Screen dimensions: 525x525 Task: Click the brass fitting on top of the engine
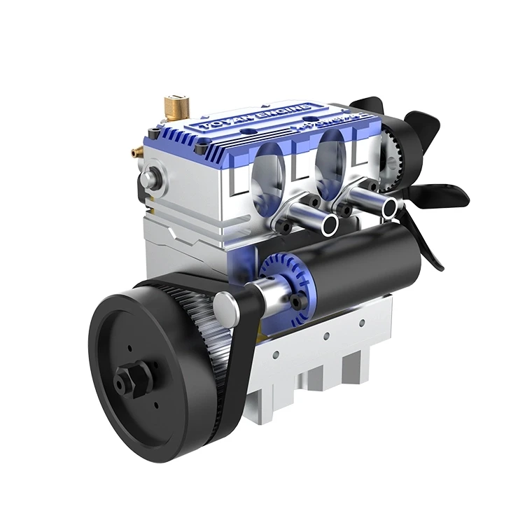point(173,106)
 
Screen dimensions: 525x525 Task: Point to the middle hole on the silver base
point(326,335)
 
